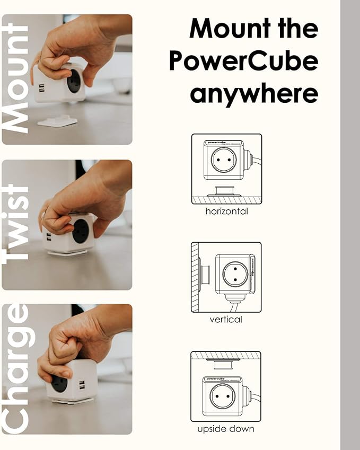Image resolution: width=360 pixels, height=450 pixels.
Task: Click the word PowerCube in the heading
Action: click(243, 62)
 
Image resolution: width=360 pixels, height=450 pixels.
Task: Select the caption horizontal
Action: click(226, 211)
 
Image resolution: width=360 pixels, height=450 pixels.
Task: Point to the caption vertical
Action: click(226, 320)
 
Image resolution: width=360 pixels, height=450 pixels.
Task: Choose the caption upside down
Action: click(226, 429)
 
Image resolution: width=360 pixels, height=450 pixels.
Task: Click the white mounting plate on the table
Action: click(57, 121)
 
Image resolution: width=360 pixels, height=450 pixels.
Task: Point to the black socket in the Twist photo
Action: click(81, 232)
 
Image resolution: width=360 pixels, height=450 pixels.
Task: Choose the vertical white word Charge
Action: click(16, 369)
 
